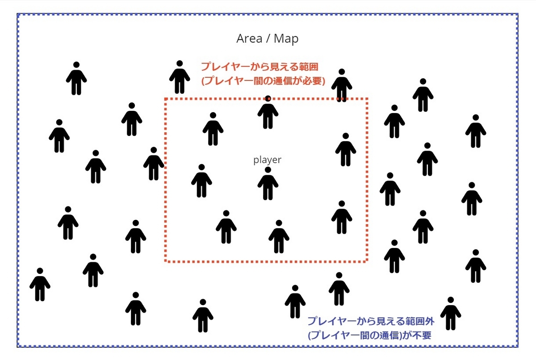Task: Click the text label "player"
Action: pos(268,160)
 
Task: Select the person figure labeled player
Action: pos(268,184)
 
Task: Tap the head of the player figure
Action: pos(268,170)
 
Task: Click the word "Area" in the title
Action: pos(249,39)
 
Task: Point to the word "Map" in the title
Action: pos(286,39)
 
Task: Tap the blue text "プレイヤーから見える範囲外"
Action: pos(374,321)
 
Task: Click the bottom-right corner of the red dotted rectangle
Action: pos(367,260)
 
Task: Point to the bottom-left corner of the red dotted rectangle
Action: pos(165,260)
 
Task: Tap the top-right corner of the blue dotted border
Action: pos(517,14)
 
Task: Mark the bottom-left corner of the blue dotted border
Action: pos(18,346)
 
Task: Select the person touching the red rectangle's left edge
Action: pos(154,163)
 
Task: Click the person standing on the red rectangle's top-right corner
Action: pos(342,85)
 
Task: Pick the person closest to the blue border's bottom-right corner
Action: pos(450,314)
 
